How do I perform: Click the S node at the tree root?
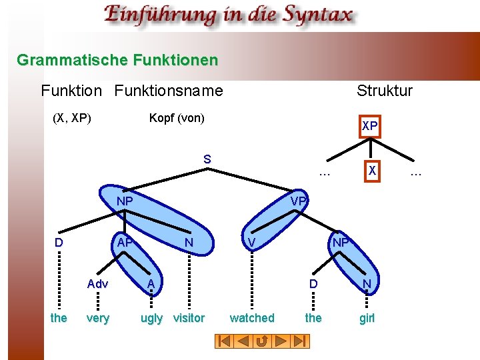(x=207, y=159)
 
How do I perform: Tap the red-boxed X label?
(x=373, y=171)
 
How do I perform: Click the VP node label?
(x=298, y=201)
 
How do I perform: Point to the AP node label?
(x=124, y=243)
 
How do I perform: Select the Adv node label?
(x=97, y=284)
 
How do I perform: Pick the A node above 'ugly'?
(x=151, y=284)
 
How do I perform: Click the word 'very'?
(x=98, y=318)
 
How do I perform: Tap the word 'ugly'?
(x=151, y=318)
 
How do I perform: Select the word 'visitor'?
(x=189, y=318)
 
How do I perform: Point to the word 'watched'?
(x=252, y=318)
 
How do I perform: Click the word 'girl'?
(x=367, y=318)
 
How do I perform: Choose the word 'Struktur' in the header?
(x=385, y=91)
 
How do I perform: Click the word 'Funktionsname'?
(x=169, y=91)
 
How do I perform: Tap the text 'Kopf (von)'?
(x=177, y=118)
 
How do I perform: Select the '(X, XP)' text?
(x=71, y=118)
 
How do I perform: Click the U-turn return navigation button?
(x=262, y=341)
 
